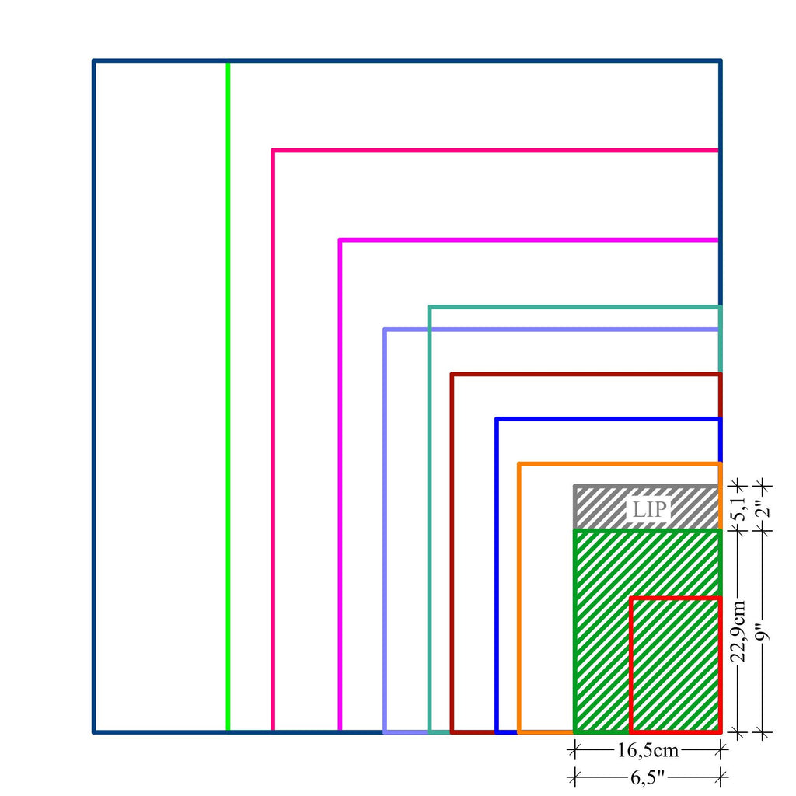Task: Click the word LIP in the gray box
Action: click(x=648, y=510)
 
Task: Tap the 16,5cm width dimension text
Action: click(x=648, y=751)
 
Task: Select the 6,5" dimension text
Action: click(x=648, y=776)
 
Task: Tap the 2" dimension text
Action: click(x=764, y=509)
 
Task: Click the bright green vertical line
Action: click(x=228, y=389)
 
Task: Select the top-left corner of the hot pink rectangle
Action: click(x=273, y=150)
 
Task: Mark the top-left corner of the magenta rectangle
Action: click(x=340, y=240)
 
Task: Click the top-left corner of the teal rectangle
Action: click(x=429, y=307)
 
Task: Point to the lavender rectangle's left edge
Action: click(x=385, y=529)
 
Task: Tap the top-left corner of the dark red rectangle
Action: click(x=452, y=375)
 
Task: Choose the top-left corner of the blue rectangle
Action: click(x=497, y=420)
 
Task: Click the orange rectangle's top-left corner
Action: click(x=519, y=464)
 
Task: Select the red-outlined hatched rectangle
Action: click(x=676, y=665)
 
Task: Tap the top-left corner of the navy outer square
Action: click(x=94, y=61)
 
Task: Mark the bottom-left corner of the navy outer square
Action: click(x=94, y=731)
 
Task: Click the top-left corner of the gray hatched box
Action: click(x=575, y=487)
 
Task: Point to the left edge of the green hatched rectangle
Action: click(x=575, y=630)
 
